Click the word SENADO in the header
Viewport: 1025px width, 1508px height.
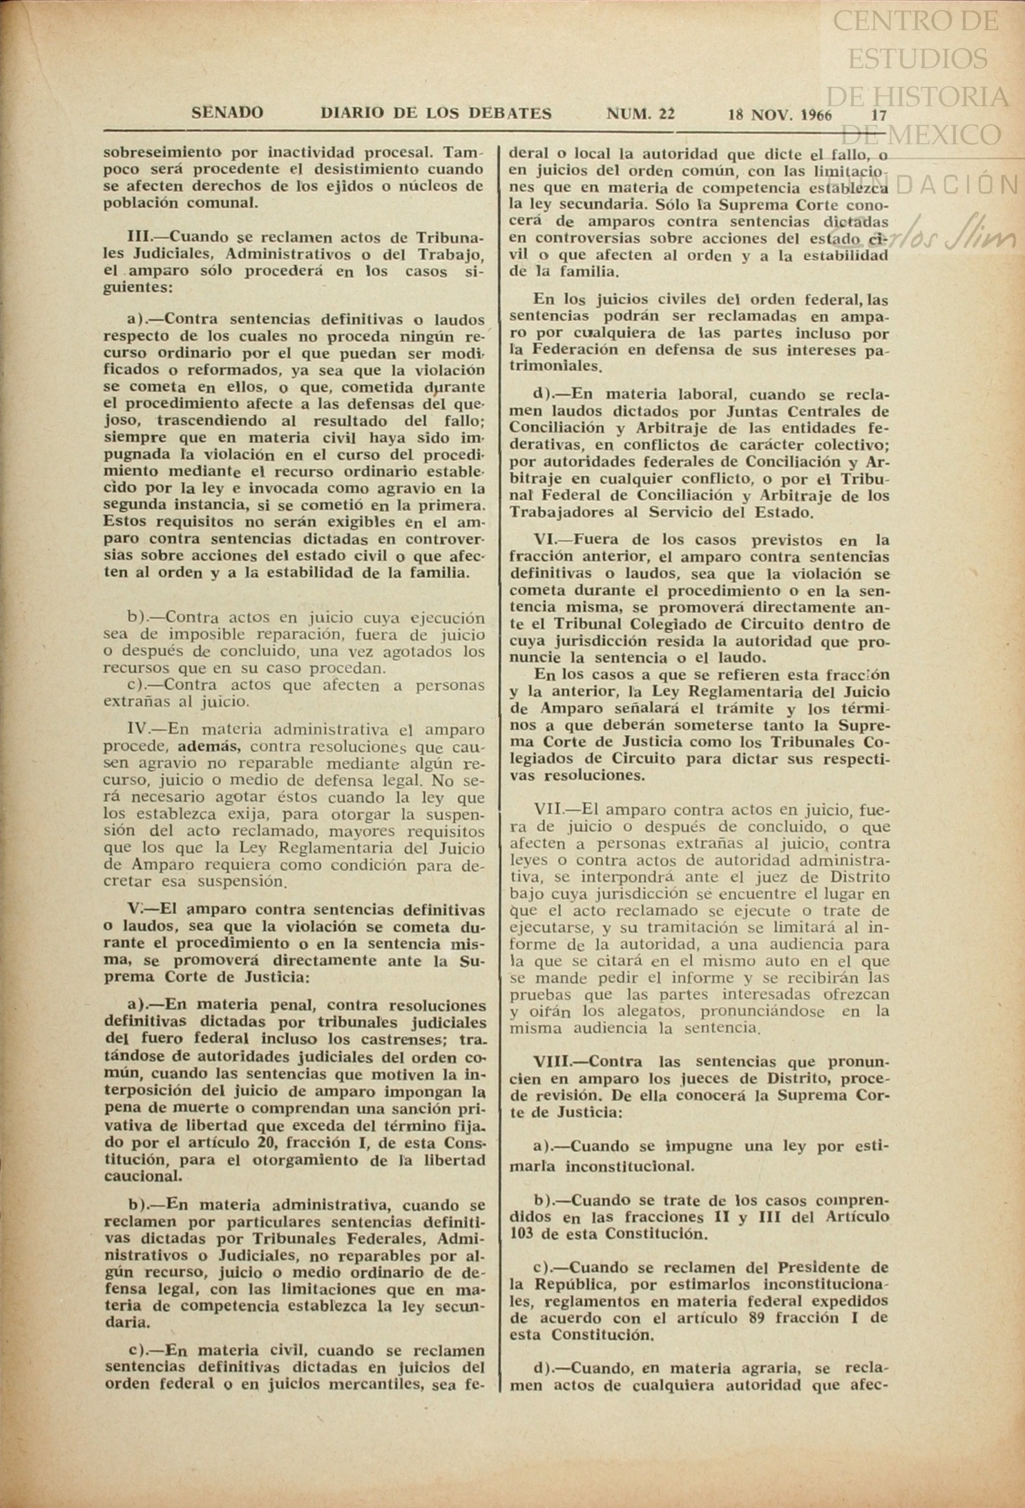(x=227, y=113)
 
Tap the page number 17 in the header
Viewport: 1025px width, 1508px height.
(x=879, y=115)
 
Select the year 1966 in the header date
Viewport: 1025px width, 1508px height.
(x=816, y=115)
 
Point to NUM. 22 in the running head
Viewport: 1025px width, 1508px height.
(x=640, y=113)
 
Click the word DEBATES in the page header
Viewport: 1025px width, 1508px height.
(x=510, y=113)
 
